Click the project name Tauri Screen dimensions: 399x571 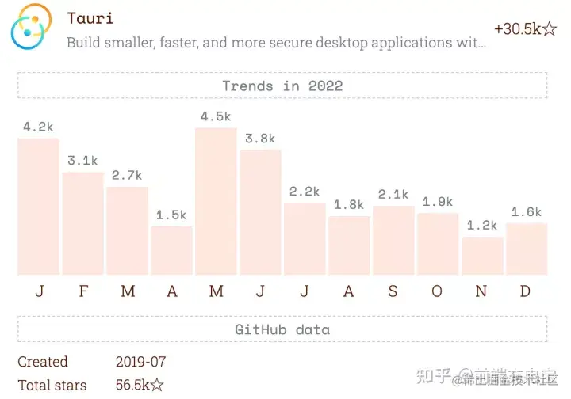point(90,17)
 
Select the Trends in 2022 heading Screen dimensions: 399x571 point(282,85)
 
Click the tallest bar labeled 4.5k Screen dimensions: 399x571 point(216,201)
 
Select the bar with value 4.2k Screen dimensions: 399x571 point(38,207)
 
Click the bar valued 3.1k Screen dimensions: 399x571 point(82,223)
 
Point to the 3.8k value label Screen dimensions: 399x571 point(260,139)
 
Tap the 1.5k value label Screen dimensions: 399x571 point(171,215)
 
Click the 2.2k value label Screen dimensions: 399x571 point(305,192)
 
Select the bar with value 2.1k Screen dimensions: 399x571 point(393,240)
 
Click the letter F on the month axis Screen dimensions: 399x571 point(83,291)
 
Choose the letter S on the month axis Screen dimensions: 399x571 point(393,291)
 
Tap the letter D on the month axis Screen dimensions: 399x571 point(525,291)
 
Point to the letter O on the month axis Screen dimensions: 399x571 point(437,291)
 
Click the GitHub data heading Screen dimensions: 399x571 point(282,329)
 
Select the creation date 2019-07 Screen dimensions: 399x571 point(140,362)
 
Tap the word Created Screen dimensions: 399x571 point(43,362)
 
